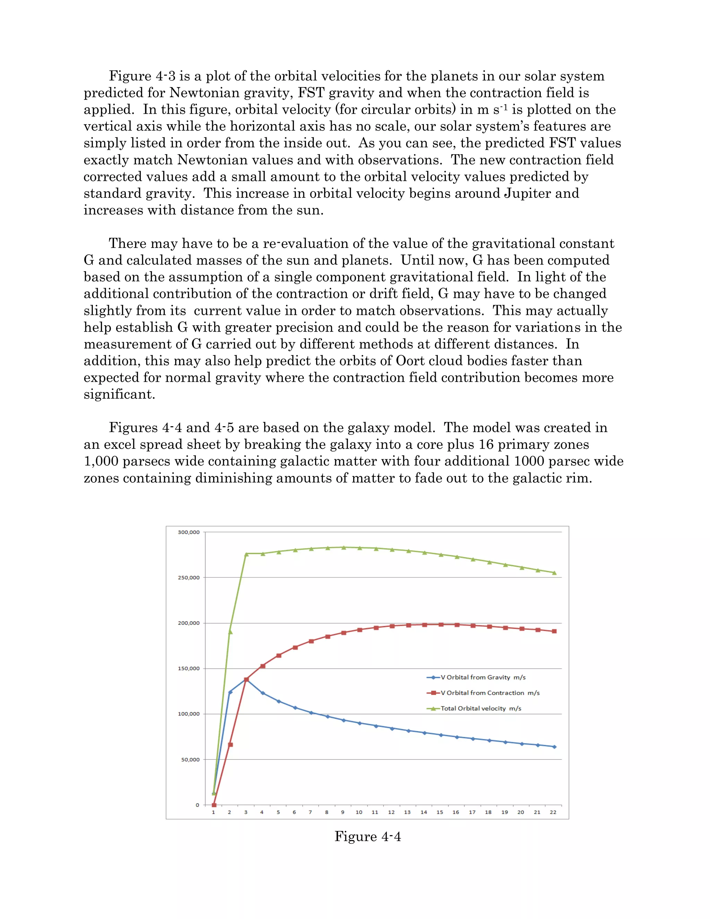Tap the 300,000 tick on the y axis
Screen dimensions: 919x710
coord(189,532)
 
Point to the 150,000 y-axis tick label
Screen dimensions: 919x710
coord(189,668)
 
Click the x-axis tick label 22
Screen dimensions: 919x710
coord(553,812)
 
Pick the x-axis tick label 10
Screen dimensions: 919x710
coord(359,812)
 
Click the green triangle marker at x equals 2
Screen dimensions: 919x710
coord(230,632)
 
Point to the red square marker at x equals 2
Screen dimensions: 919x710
coord(230,745)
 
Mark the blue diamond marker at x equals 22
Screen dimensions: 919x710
coord(554,747)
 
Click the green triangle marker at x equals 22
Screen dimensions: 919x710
coord(554,573)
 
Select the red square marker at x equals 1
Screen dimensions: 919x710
coord(214,805)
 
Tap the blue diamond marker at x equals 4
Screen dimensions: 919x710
coord(262,693)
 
